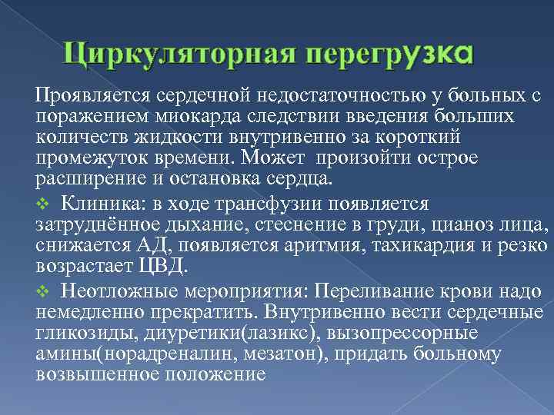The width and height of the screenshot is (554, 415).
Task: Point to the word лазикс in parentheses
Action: pos(284,334)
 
